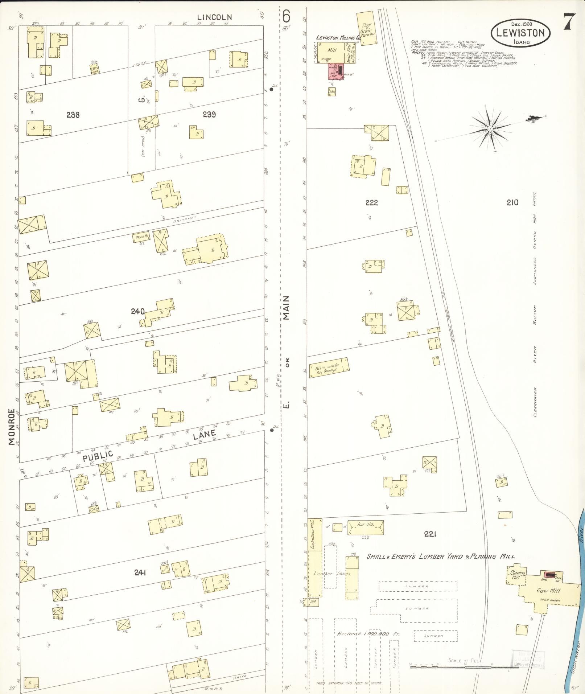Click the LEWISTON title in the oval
520,33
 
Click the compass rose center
490,129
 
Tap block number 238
73,115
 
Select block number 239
209,115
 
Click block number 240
138,311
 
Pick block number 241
140,572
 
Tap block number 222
371,203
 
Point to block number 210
512,202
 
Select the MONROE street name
12,426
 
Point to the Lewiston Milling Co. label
338,37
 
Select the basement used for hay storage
329,368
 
